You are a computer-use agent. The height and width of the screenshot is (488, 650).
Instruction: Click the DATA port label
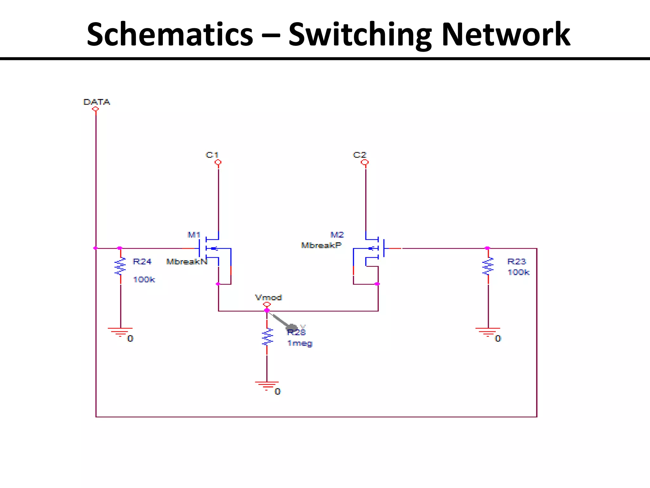pos(96,102)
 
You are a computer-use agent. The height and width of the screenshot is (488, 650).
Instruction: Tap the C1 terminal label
pos(212,155)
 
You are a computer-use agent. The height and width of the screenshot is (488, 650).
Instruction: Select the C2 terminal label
pos(360,155)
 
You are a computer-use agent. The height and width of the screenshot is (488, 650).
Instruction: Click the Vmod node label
pos(269,298)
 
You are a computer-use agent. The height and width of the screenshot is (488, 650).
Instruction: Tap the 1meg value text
pos(300,343)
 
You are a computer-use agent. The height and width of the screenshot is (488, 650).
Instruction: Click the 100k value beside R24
pos(144,280)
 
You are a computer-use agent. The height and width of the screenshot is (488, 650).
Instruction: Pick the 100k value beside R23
pos(519,272)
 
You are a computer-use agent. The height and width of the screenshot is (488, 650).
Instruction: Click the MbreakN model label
pos(187,262)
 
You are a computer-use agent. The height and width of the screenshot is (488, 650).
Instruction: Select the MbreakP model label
pos(321,245)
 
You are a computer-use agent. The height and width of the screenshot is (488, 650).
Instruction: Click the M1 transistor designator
pos(194,235)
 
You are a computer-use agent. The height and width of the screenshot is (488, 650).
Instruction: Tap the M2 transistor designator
pos(337,235)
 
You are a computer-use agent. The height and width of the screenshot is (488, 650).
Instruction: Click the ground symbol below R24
pos(120,332)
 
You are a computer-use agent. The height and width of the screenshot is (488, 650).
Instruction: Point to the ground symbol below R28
pos(267,385)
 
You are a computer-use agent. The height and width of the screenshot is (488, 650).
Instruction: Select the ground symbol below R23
pos(488,332)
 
